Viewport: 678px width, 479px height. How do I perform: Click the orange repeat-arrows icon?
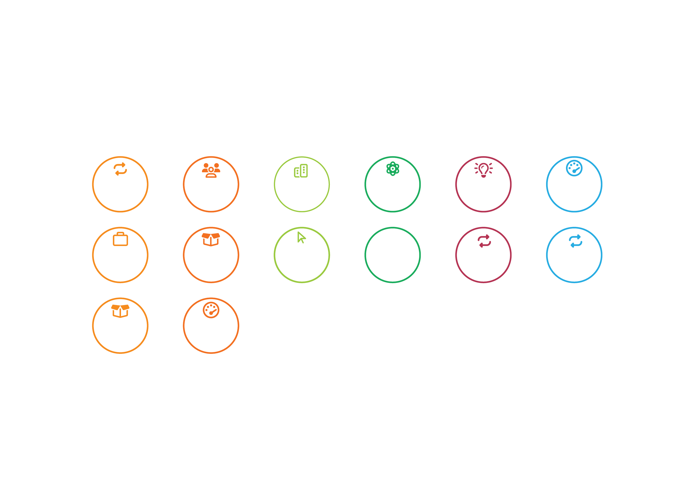[120, 169]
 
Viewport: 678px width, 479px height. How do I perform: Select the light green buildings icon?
[301, 170]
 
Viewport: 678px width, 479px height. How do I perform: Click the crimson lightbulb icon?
[483, 170]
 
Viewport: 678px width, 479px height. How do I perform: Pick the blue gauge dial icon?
[574, 169]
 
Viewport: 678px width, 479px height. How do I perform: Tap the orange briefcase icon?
[120, 239]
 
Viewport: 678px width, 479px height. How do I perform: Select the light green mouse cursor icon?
[301, 238]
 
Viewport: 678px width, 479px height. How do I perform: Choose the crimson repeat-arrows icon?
[484, 241]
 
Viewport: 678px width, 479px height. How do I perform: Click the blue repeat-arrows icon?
[575, 241]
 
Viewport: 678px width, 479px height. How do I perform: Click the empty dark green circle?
[393, 255]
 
